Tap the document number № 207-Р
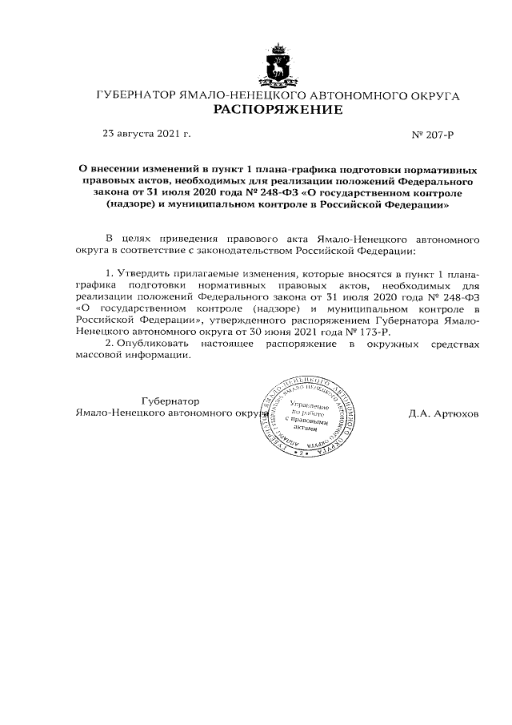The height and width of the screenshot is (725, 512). (433, 134)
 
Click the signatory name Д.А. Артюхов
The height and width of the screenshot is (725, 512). (443, 414)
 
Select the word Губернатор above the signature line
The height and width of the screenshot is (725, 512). (170, 401)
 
